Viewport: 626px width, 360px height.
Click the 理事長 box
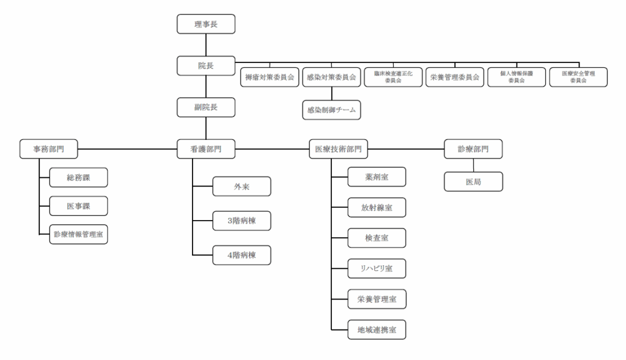(206, 24)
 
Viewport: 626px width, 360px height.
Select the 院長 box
(206, 65)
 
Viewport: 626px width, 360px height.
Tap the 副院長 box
(206, 107)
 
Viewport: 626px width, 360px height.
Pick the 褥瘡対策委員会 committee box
(270, 77)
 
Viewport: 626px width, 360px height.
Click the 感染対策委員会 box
(331, 77)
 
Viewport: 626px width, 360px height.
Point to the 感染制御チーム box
(331, 111)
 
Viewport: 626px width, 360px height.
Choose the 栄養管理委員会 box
(454, 77)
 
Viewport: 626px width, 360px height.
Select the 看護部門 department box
(206, 149)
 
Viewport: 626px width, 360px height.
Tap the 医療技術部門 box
(339, 149)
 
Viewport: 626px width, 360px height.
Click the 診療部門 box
(474, 149)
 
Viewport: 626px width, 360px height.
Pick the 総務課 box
(78, 177)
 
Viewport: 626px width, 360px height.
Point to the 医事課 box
(78, 206)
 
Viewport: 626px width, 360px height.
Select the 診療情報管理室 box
(78, 234)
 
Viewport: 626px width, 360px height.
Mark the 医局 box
(474, 182)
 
